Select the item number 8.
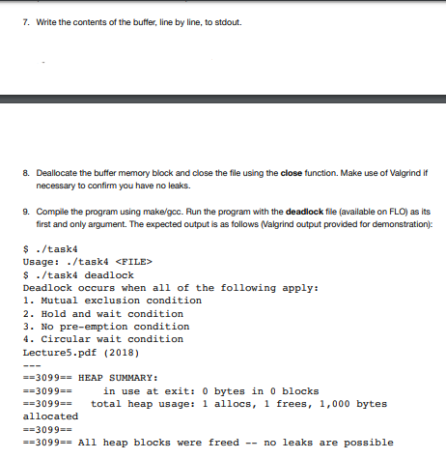point(26,168)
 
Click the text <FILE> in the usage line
point(134,261)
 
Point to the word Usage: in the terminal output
point(42,261)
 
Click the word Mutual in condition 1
point(56,301)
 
